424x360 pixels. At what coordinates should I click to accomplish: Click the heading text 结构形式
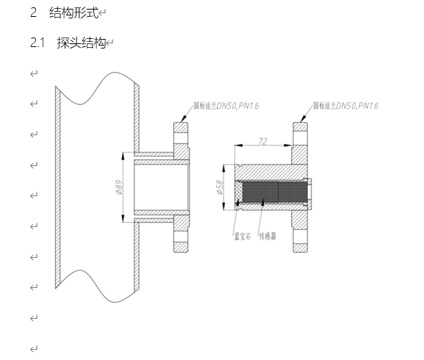[x=73, y=12]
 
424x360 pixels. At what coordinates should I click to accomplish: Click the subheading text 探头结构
[x=82, y=43]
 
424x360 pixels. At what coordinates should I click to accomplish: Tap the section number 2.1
[x=37, y=43]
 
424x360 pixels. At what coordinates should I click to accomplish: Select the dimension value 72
[x=263, y=141]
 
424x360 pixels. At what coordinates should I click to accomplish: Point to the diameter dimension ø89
[x=119, y=187]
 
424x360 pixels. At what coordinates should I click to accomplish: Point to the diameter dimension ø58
[x=220, y=187]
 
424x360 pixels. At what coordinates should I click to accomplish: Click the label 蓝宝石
[x=242, y=237]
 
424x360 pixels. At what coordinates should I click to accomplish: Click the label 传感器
[x=267, y=237]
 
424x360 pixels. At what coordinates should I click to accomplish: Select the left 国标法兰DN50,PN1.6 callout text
[x=226, y=105]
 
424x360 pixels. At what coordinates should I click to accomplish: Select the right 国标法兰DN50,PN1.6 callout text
[x=345, y=105]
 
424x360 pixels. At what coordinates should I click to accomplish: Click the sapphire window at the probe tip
[x=239, y=192]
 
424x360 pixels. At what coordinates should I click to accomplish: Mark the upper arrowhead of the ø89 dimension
[x=123, y=156]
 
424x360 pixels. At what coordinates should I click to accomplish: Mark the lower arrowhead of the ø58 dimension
[x=224, y=206]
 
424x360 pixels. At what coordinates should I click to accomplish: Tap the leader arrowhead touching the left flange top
[x=184, y=118]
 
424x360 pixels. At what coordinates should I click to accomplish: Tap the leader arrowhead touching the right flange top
[x=303, y=118]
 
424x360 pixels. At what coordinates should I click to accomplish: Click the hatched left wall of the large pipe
[x=58, y=187]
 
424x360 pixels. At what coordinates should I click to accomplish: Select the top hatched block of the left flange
[x=181, y=127]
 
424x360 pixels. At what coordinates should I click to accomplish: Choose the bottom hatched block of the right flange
[x=300, y=248]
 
